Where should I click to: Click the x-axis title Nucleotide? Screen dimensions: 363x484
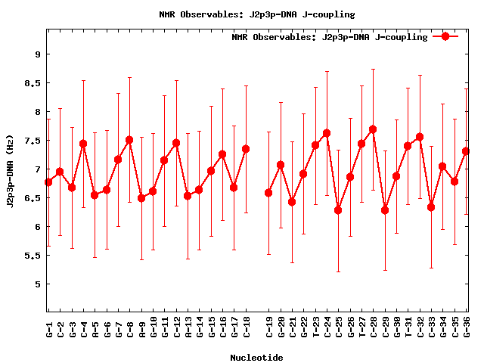(257, 358)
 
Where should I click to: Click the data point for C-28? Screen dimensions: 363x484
(373, 129)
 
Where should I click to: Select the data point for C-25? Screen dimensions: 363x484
(338, 210)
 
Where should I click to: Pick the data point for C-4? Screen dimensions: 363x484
(83, 144)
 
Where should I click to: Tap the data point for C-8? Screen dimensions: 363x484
(129, 140)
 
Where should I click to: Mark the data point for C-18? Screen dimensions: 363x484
(246, 149)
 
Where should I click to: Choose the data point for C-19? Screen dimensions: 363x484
(268, 193)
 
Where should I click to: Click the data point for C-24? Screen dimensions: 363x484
(327, 133)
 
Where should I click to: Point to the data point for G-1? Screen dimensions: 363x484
(48, 182)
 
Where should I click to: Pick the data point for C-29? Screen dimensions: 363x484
(385, 210)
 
